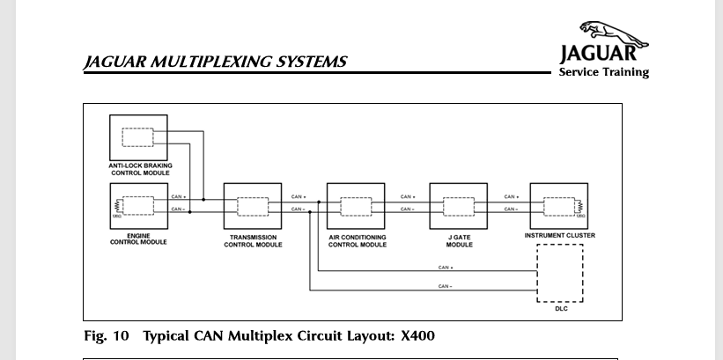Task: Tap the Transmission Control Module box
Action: coord(252,206)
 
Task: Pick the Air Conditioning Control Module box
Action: coord(356,206)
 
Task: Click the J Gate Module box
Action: coord(458,206)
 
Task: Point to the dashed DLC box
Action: coord(559,273)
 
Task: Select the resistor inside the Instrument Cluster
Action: coord(579,207)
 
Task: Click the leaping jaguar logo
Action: coord(613,34)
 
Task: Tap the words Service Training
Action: coord(603,72)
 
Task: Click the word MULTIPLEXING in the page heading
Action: coord(200,62)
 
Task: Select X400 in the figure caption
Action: coord(417,336)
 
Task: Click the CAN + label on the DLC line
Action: coord(445,267)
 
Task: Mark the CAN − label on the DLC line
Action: coord(445,286)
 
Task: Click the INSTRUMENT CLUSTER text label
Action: coord(559,236)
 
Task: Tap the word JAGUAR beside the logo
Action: coord(603,53)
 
